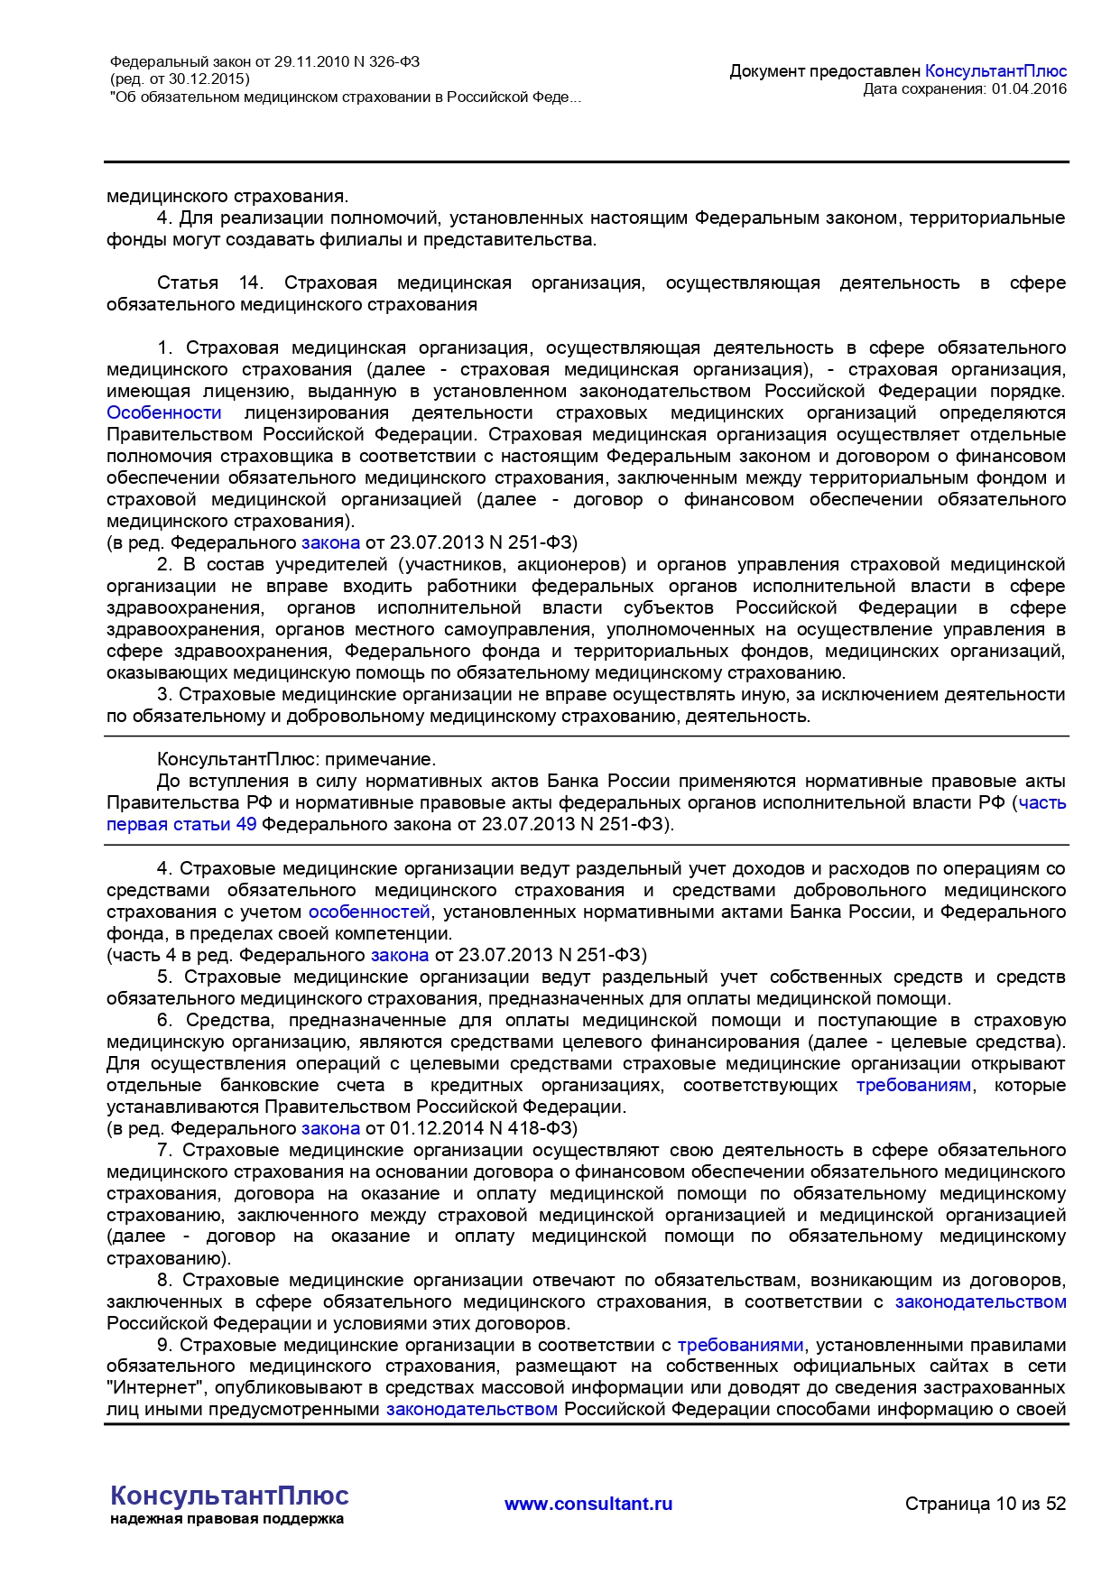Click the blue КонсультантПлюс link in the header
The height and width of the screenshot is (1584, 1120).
pyautogui.click(x=995, y=71)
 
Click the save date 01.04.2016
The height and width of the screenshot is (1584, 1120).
pyautogui.click(x=1029, y=88)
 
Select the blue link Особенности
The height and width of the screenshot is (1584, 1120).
pyautogui.click(x=164, y=412)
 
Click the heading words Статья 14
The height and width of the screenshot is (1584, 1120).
pyautogui.click(x=209, y=283)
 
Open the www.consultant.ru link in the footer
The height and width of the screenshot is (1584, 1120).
pyautogui.click(x=588, y=1504)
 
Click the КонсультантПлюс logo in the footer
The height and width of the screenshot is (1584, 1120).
pyautogui.click(x=229, y=1496)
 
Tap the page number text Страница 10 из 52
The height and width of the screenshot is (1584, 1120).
pyautogui.click(x=986, y=1504)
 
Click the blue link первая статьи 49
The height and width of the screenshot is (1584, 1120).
pyautogui.click(x=181, y=824)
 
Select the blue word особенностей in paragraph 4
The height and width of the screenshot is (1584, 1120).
pyautogui.click(x=369, y=912)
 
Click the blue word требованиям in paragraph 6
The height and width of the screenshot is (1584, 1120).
pyautogui.click(x=913, y=1085)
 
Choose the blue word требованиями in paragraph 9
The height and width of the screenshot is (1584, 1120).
pyautogui.click(x=740, y=1345)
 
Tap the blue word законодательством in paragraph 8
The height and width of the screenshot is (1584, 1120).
pyautogui.click(x=980, y=1301)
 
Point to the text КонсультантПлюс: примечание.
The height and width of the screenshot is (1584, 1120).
pyautogui.click(x=296, y=759)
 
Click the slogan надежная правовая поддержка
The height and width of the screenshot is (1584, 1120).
pyautogui.click(x=227, y=1519)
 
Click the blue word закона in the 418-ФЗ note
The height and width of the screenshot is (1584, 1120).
pyautogui.click(x=330, y=1128)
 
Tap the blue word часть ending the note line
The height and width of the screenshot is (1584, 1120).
pyautogui.click(x=1042, y=802)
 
